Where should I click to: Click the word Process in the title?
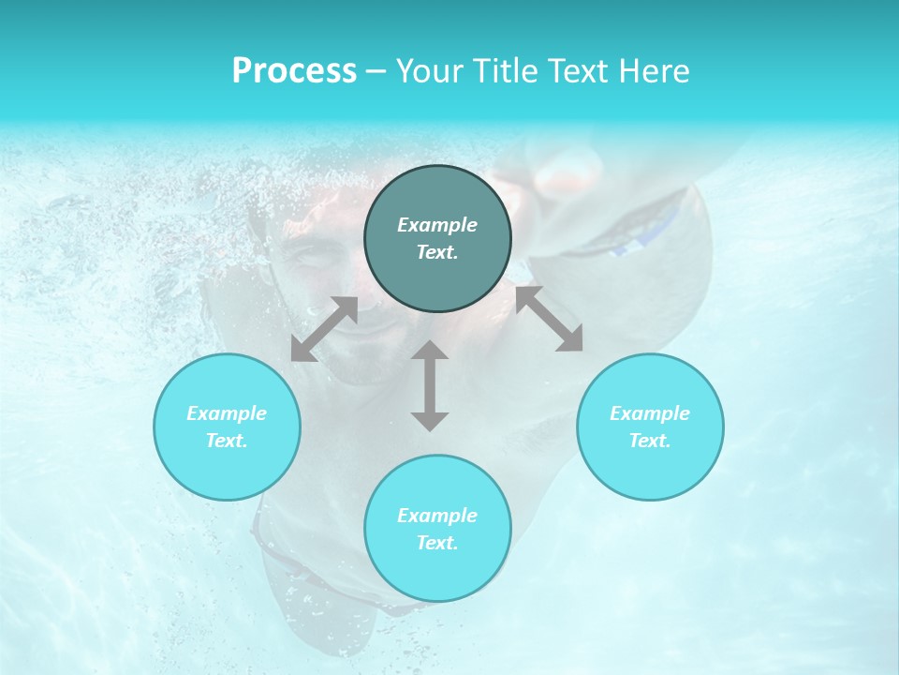294,71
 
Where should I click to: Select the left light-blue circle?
227,469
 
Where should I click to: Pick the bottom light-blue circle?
437,572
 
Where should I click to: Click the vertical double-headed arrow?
430,385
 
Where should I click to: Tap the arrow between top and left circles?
324,329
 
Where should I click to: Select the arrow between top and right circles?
549,319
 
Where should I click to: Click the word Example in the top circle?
437,225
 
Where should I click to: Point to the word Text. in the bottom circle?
437,543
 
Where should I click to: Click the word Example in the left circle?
227,413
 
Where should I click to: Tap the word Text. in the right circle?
650,441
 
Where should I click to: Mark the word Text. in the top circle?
437,252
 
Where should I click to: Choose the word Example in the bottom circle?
437,516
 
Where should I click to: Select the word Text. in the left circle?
227,441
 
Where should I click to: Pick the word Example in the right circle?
650,413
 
